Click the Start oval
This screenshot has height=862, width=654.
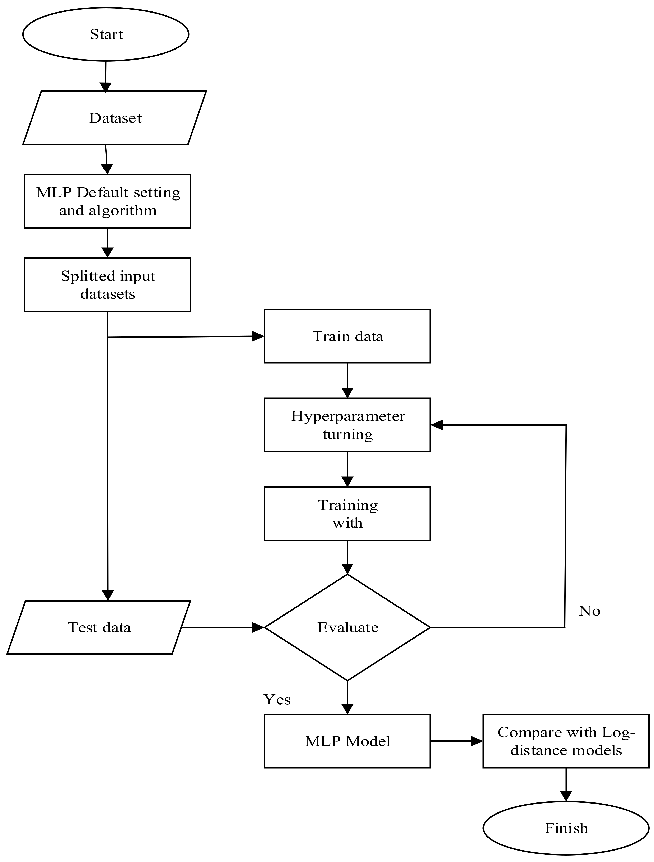click(x=106, y=34)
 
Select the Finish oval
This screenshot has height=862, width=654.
click(x=566, y=828)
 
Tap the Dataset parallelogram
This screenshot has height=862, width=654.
click(x=115, y=118)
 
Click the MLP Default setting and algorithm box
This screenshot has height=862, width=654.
click(x=108, y=201)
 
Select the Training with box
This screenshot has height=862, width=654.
click(x=347, y=514)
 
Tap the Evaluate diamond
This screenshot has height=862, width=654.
click(x=347, y=627)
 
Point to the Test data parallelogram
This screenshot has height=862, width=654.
click(x=99, y=627)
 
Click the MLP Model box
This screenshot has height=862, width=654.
click(x=347, y=741)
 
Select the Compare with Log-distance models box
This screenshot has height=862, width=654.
click(x=566, y=741)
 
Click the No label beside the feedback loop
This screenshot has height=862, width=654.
click(x=589, y=611)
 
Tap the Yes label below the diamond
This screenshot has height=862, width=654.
click(x=277, y=700)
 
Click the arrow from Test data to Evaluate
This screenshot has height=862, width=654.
click(x=222, y=627)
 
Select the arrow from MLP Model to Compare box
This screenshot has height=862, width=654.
click(x=456, y=741)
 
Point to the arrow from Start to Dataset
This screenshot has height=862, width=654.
click(x=106, y=76)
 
